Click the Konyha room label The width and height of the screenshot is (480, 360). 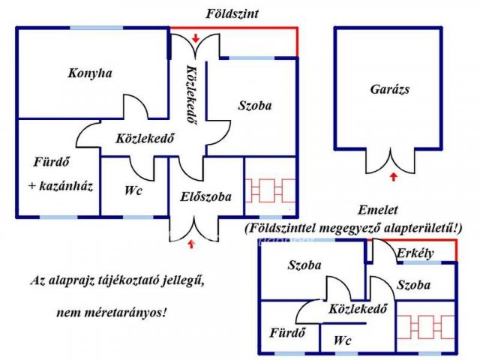[x=89, y=73]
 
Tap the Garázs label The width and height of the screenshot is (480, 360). [x=390, y=88]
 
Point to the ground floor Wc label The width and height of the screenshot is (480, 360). [x=133, y=190]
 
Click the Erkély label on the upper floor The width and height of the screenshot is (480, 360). [x=415, y=253]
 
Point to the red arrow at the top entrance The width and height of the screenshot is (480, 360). [x=195, y=37]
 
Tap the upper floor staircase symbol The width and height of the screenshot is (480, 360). [x=425, y=327]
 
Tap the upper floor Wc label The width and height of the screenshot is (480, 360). [x=343, y=340]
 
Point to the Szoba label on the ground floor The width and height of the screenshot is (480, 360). [x=255, y=106]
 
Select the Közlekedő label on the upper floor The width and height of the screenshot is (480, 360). [x=357, y=308]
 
